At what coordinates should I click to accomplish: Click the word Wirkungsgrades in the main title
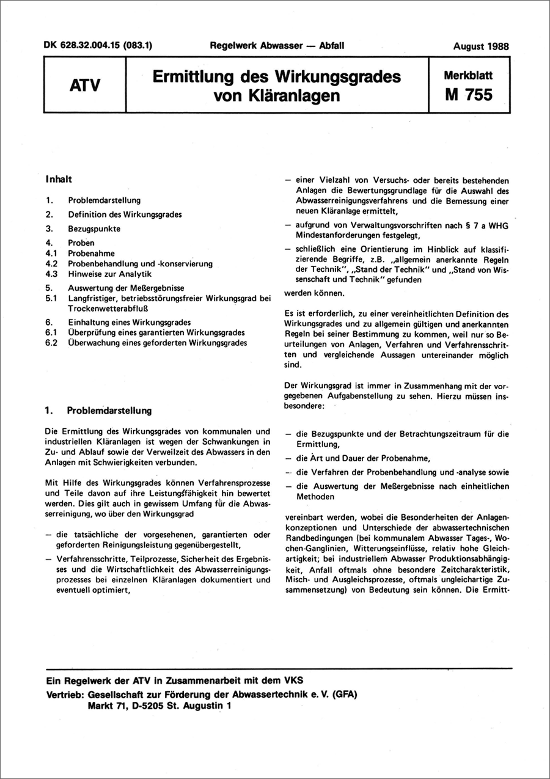tap(331, 77)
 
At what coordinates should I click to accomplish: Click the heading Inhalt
tap(59, 180)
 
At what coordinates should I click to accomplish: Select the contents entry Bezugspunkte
tap(95, 229)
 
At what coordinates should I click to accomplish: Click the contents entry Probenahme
tap(92, 253)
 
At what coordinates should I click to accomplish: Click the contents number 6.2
tap(51, 343)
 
